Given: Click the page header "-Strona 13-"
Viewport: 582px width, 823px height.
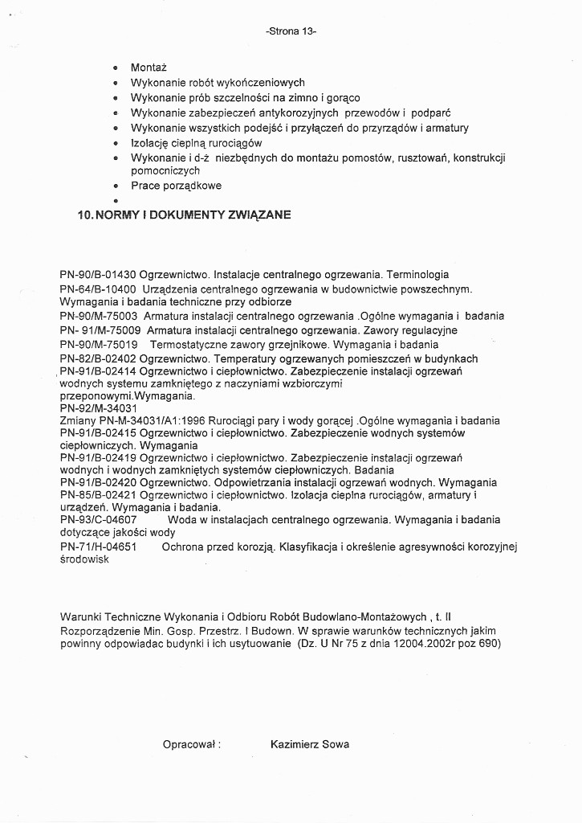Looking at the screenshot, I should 291,32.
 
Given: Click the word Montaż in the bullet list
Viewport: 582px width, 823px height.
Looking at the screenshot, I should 148,68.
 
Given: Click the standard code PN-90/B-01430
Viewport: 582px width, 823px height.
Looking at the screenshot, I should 98,274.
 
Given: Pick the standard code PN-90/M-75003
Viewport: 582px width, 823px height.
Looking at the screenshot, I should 99,316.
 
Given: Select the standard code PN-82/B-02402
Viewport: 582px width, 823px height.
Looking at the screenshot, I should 98,358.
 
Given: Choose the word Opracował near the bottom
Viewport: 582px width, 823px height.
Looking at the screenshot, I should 189,744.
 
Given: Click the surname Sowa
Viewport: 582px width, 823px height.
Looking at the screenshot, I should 335,744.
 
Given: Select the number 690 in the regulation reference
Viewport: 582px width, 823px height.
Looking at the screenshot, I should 487,645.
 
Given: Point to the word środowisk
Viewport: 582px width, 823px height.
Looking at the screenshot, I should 84,561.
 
